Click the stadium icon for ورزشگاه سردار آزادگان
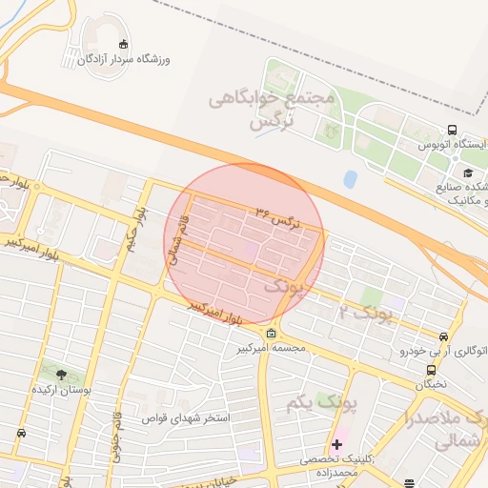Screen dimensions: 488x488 coord(123,43)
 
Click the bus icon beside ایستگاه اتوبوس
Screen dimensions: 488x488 coord(451,131)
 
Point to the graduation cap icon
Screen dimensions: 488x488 coord(468,172)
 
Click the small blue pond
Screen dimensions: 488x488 coord(351,177)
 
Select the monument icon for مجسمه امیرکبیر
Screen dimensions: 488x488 coord(273,334)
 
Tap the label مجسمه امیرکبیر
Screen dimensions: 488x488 coord(273,349)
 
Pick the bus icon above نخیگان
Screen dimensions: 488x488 coord(431,370)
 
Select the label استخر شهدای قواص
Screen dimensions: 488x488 coord(188,418)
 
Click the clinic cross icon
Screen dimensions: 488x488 coord(337,444)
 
